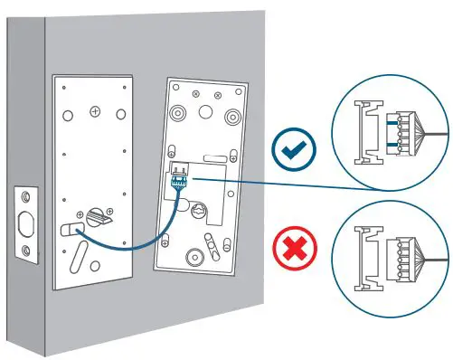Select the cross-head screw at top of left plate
95,112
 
